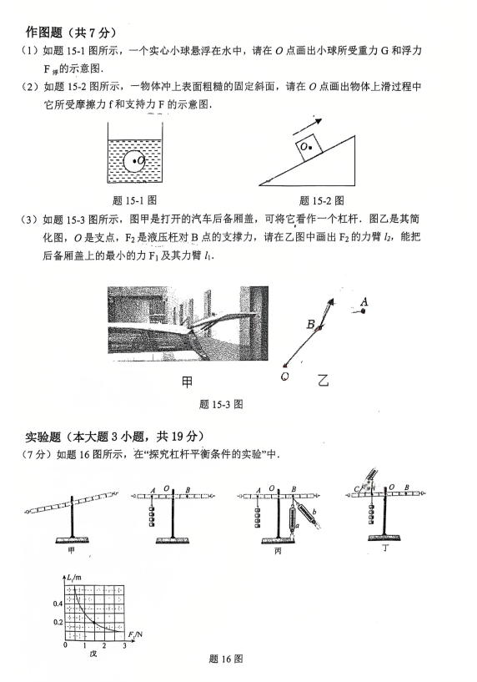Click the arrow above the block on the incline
[307, 126]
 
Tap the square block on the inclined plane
[309, 145]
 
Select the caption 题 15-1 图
[134, 200]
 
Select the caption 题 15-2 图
[322, 200]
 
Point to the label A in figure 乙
[364, 301]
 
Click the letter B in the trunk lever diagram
[310, 324]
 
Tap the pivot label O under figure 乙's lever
[285, 376]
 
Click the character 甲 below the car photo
[187, 381]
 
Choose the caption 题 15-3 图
[221, 405]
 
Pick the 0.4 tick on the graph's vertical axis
[58, 604]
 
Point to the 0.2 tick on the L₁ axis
[58, 623]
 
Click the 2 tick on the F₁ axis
[104, 645]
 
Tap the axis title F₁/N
[135, 635]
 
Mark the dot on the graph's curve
[94, 623]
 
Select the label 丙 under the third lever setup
[278, 551]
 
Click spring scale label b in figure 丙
[314, 512]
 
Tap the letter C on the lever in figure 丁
[356, 489]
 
